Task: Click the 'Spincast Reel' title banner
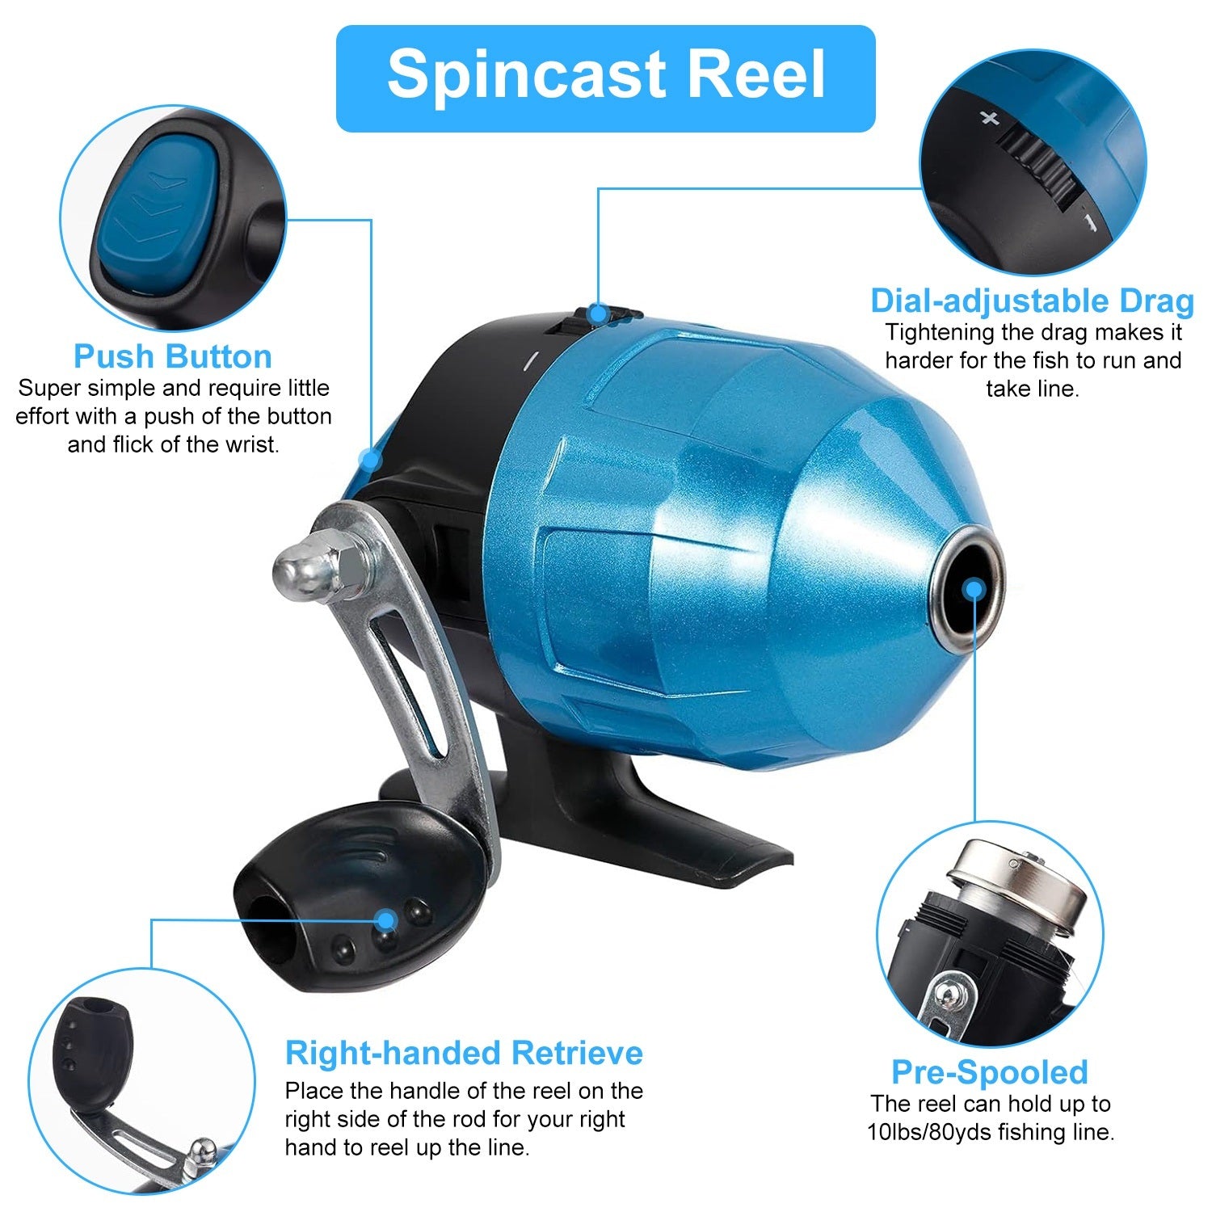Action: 605,78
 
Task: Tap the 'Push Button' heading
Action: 173,356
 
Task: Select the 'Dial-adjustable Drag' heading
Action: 1032,301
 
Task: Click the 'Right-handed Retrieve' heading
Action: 464,1054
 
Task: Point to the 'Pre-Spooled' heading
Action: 990,1072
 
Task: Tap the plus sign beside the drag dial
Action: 989,119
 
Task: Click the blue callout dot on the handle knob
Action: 387,920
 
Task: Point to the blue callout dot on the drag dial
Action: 598,313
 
